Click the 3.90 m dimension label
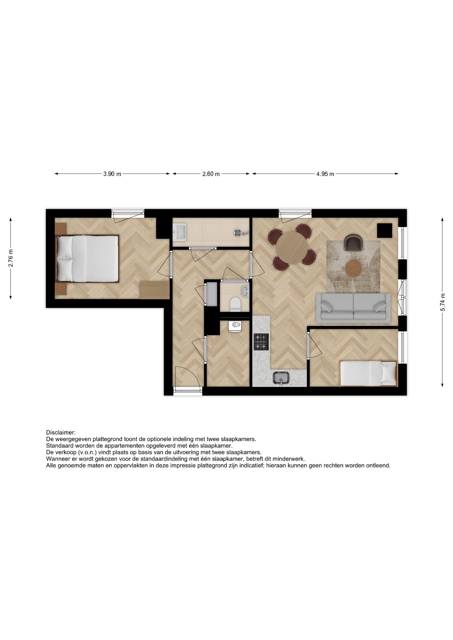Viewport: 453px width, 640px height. tap(112, 174)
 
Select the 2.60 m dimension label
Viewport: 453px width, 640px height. tap(211, 174)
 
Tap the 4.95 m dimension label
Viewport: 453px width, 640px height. tap(325, 174)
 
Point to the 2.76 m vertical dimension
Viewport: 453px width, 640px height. tap(11, 258)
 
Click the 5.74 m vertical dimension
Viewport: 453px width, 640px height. tap(442, 302)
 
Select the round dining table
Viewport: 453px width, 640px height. tap(292, 248)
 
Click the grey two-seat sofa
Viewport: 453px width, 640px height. tap(353, 308)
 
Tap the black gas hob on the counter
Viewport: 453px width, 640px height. tap(261, 342)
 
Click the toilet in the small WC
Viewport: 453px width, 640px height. tap(236, 304)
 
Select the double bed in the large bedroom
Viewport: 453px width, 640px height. tap(87, 259)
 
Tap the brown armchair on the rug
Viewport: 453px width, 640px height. tap(353, 243)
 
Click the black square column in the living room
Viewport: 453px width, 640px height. tap(384, 230)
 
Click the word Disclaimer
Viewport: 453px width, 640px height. tap(61, 433)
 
